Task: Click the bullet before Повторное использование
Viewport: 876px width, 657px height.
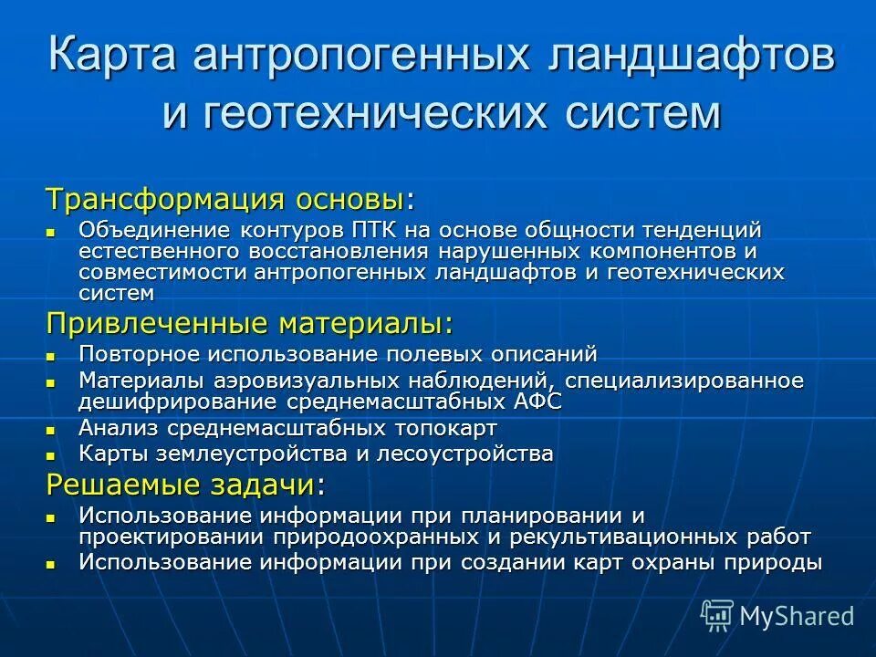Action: pyautogui.click(x=52, y=354)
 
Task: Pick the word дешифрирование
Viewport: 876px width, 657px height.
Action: pyautogui.click(x=179, y=401)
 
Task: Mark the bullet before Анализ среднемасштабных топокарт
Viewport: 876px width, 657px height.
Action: pyautogui.click(x=52, y=429)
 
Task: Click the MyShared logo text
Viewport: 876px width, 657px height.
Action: pyautogui.click(x=797, y=616)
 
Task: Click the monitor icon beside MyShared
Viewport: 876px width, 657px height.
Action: pyautogui.click(x=717, y=616)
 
